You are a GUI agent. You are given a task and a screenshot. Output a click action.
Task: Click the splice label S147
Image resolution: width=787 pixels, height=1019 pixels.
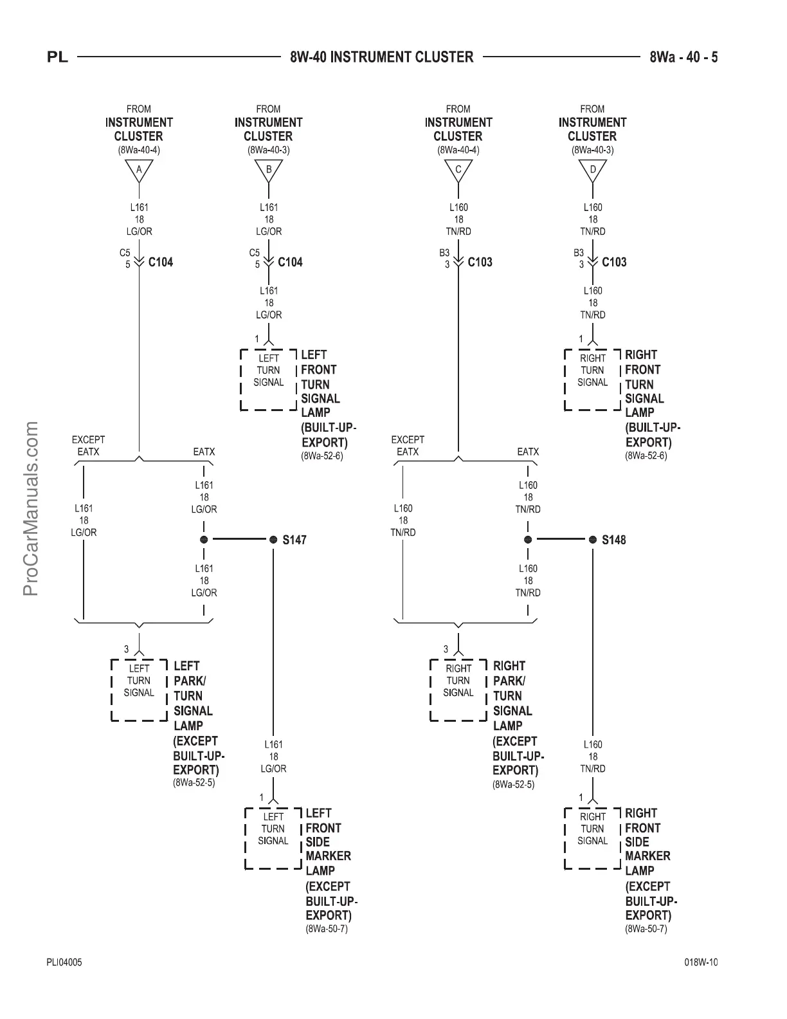(x=294, y=540)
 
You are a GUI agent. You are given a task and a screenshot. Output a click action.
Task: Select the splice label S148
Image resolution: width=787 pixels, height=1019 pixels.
(x=613, y=540)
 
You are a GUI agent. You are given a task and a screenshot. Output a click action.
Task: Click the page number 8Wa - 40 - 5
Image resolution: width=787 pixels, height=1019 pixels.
(x=683, y=57)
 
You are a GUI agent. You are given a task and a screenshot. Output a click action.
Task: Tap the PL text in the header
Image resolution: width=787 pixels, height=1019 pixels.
(x=57, y=57)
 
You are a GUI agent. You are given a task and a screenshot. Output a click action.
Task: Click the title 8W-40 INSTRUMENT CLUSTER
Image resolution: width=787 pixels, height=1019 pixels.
(x=382, y=57)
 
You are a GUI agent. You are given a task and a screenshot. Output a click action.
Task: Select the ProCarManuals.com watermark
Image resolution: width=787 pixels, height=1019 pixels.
(x=31, y=508)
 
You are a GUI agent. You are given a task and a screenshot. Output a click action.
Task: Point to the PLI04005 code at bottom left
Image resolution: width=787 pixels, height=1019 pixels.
(x=64, y=963)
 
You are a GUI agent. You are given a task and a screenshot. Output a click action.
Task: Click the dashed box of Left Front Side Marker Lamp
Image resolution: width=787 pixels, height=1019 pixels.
(x=273, y=838)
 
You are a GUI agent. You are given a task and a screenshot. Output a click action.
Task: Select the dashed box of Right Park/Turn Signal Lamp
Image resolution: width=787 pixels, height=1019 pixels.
(x=458, y=690)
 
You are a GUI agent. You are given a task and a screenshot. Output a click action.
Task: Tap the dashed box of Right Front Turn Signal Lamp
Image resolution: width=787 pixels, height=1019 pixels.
(x=593, y=380)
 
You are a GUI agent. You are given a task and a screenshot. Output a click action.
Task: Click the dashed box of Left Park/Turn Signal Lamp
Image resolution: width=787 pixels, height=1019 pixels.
(x=139, y=690)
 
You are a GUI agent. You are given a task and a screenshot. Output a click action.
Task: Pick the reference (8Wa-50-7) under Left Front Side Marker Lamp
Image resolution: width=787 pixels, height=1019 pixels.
(x=327, y=929)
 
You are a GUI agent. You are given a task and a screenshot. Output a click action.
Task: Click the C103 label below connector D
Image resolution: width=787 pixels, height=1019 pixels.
(x=614, y=262)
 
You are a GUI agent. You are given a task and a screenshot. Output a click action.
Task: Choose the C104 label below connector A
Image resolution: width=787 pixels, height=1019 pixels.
(x=161, y=262)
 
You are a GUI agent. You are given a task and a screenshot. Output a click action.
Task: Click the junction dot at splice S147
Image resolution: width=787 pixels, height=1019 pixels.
(x=273, y=540)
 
